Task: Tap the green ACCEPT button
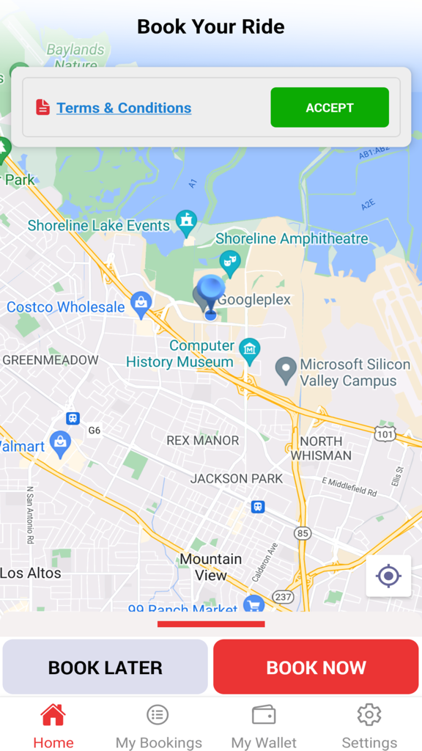point(330,108)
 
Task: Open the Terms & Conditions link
point(124,108)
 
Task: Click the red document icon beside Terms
point(43,107)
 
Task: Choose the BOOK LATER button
point(105,667)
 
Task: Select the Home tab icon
point(53,714)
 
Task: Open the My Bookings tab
point(158,714)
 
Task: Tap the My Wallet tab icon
point(264,714)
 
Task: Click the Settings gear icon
point(369,714)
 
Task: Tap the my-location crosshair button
point(388,576)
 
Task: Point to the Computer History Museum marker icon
point(250,349)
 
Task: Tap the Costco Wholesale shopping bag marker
point(141,301)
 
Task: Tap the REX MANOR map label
point(203,440)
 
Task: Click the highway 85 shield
point(303,533)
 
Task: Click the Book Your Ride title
point(211,27)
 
